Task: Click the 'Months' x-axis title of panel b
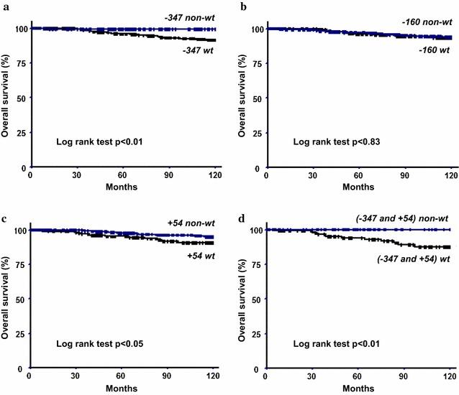tap(358, 187)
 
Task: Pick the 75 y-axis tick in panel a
tap(19, 63)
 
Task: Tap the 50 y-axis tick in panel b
tap(255, 98)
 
